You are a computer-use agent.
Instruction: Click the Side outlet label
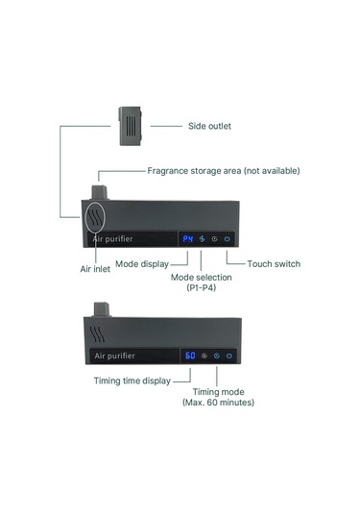[209, 126]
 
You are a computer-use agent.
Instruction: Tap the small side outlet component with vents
[131, 126]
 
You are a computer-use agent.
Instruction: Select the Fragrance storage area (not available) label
[224, 171]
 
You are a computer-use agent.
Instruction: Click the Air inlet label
[95, 269]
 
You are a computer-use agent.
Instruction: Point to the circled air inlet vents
[95, 217]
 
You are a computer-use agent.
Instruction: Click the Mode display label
[142, 264]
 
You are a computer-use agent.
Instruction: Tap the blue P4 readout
[188, 239]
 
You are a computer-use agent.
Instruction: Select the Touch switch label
[274, 264]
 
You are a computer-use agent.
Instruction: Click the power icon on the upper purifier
[227, 239]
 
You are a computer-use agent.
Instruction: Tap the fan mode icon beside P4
[203, 239]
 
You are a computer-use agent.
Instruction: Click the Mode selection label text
[202, 278]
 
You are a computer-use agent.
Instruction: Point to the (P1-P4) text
[202, 288]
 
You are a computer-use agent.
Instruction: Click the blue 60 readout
[190, 355]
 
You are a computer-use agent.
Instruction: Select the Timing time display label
[132, 380]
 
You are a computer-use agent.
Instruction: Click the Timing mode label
[218, 392]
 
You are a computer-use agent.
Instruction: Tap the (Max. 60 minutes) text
[218, 403]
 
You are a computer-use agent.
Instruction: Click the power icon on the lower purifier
[229, 355]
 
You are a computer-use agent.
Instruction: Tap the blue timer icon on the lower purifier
[217, 355]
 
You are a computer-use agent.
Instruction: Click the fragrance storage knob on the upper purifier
[99, 192]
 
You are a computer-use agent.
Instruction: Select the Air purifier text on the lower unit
[114, 355]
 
